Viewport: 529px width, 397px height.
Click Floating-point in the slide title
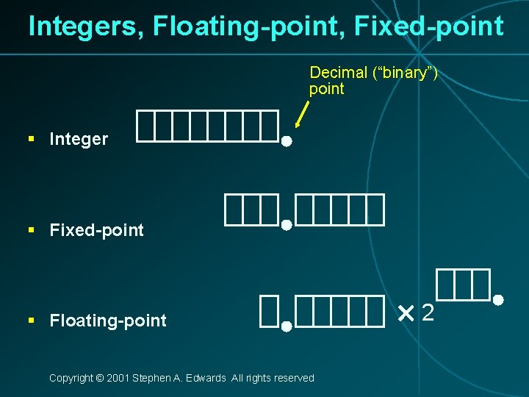249,26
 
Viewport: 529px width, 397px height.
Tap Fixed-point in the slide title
428,26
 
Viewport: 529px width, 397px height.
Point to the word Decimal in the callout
338,72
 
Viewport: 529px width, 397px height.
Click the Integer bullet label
79,139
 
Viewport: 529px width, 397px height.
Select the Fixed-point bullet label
96,230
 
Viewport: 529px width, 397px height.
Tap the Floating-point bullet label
108,321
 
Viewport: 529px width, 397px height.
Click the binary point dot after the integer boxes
287,140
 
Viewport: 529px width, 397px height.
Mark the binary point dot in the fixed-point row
287,226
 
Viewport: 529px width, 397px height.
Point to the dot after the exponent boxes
497,300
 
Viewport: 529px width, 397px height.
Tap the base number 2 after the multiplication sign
428,315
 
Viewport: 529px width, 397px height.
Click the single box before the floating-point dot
268,311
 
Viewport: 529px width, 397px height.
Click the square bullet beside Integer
32,139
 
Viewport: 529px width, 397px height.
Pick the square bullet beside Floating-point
32,321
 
